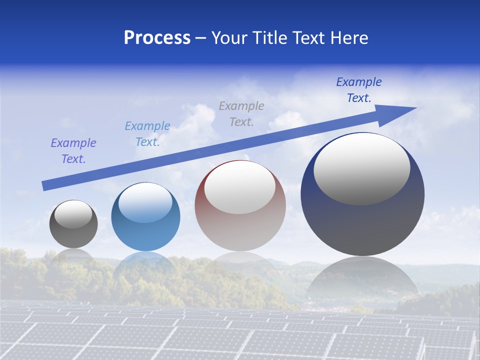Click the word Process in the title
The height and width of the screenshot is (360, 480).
157,38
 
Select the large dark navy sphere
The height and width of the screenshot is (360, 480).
362,220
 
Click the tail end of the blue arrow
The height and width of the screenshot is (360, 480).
45,185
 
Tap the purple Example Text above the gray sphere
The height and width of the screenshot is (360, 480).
73,151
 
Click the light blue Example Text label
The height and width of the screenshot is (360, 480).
147,134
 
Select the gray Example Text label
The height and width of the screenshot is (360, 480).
241,114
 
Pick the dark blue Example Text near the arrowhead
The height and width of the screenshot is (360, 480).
359,90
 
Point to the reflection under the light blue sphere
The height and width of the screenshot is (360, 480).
145,265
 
